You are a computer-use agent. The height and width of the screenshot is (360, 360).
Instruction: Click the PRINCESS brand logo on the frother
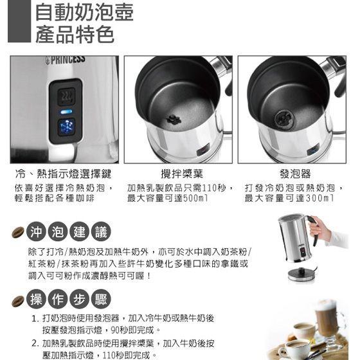(66, 60)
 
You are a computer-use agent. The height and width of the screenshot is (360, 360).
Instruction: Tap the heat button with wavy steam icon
(66, 96)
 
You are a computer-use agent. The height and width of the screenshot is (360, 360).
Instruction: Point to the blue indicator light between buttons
(66, 112)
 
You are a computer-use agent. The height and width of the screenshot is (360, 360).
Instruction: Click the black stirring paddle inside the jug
(174, 119)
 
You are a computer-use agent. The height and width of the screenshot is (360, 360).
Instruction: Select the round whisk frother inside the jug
(283, 118)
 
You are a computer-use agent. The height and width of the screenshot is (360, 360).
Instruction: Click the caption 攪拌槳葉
(182, 174)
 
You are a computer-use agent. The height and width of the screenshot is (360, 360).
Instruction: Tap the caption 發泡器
(295, 174)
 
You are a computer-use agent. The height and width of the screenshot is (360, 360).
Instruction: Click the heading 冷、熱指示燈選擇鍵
(64, 174)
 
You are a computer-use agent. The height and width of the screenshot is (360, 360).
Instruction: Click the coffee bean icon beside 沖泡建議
(18, 232)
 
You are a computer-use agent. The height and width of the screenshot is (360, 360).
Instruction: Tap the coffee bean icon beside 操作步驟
(18, 301)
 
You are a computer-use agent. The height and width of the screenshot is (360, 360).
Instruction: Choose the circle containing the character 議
(101, 231)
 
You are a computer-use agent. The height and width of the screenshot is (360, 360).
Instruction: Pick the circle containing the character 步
(79, 299)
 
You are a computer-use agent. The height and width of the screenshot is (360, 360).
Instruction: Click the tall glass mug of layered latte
(328, 319)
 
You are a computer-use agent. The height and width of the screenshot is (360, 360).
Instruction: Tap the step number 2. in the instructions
(36, 344)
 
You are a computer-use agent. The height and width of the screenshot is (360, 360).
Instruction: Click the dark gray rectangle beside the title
(19, 21)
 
